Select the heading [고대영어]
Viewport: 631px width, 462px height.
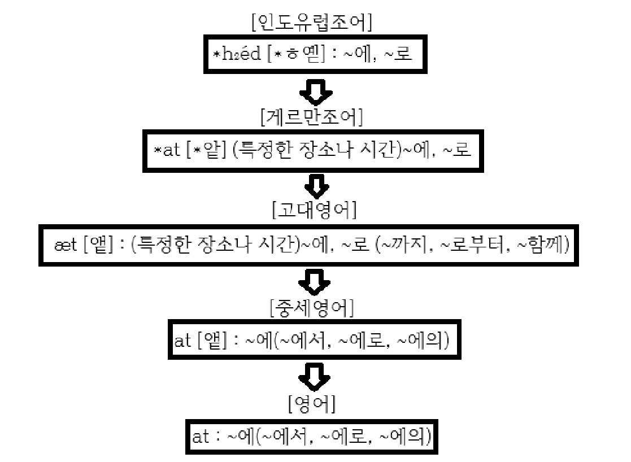tap(315, 210)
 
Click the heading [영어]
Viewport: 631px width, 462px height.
tap(311, 404)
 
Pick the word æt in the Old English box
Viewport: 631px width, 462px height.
tap(60, 246)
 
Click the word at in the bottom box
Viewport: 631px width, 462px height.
tap(201, 436)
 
